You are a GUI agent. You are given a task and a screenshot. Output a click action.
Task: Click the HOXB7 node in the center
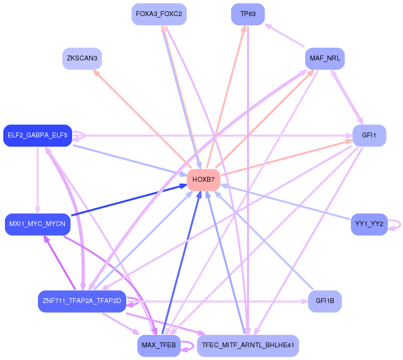click(204, 180)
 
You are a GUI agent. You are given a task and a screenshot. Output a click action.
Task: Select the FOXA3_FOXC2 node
click(159, 14)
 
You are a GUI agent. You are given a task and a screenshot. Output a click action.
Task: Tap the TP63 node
click(248, 14)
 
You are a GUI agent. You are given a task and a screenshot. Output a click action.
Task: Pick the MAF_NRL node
click(325, 58)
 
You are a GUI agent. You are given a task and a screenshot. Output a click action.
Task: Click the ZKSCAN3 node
click(82, 58)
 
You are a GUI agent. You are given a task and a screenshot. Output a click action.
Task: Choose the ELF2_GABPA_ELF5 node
click(38, 135)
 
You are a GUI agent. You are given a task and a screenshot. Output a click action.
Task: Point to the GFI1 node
click(369, 135)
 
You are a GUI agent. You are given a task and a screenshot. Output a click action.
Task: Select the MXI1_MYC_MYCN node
click(38, 224)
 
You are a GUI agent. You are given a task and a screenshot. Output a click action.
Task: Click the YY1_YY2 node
click(369, 224)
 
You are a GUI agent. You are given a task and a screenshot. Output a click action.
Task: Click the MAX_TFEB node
click(159, 345)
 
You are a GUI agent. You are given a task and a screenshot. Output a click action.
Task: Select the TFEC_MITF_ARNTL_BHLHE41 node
click(248, 345)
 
